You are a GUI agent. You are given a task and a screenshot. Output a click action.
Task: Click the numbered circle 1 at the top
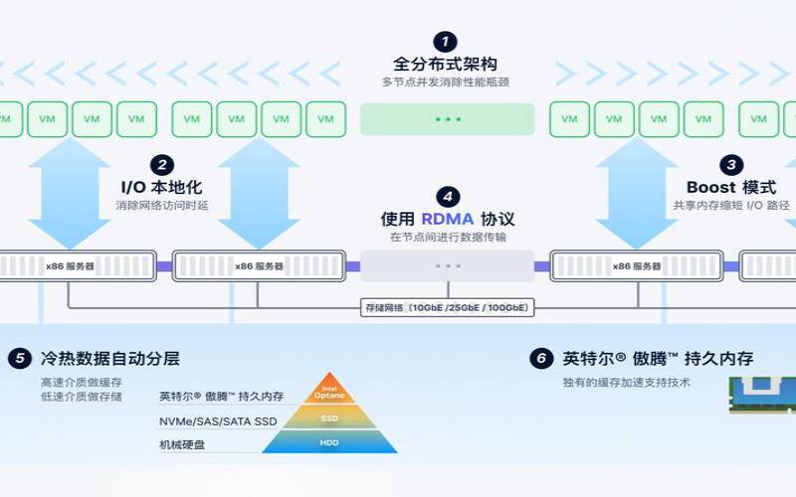447,42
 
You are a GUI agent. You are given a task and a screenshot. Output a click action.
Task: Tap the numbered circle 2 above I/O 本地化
161,165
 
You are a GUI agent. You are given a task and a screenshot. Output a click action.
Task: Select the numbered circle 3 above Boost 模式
731,165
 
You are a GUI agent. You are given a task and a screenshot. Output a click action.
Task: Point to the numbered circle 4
447,196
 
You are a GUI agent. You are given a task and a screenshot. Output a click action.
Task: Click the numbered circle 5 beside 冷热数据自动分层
20,358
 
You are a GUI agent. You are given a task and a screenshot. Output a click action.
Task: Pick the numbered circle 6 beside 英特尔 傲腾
540,358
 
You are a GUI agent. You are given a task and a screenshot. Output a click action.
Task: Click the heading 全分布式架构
447,65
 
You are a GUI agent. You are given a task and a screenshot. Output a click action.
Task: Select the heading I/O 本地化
161,187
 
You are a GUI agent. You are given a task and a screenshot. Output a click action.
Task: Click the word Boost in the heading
711,187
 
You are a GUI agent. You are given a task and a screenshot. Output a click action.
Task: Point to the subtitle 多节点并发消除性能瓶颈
447,83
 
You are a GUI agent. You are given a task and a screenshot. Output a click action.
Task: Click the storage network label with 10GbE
447,308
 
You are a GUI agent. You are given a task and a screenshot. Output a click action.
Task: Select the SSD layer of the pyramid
329,417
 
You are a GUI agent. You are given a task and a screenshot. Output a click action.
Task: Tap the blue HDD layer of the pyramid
329,441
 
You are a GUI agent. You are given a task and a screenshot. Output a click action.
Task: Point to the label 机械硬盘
183,443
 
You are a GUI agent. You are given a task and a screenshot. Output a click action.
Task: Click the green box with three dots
447,119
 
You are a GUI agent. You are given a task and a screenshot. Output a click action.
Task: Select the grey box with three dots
447,265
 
